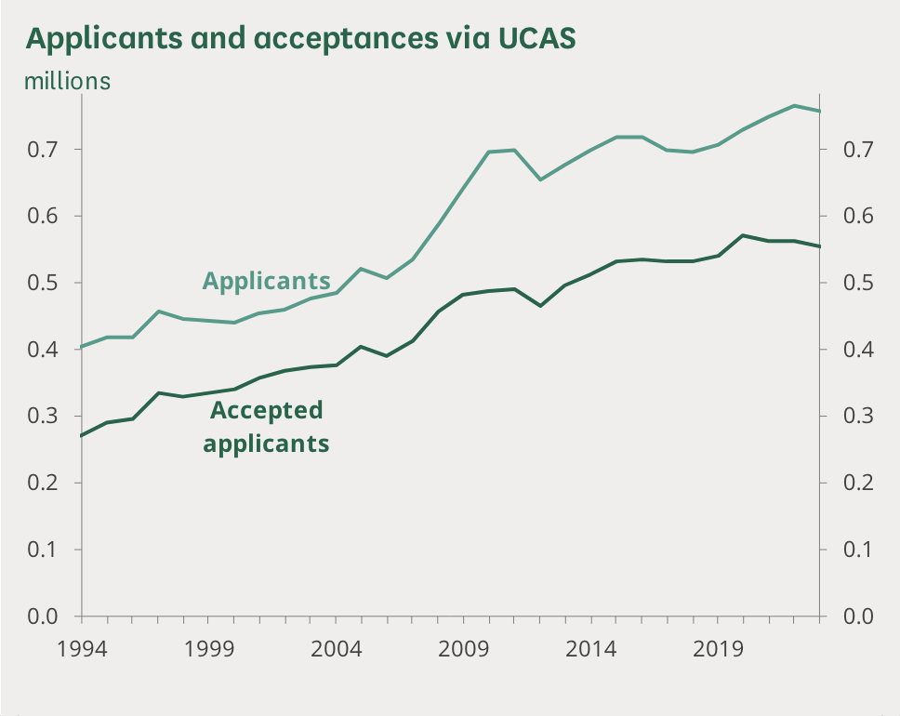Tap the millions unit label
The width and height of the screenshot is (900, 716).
[x=67, y=81]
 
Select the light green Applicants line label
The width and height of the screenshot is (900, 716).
[x=266, y=280]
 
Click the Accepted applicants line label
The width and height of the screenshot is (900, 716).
[x=266, y=427]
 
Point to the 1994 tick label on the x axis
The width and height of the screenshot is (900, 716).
[x=82, y=647]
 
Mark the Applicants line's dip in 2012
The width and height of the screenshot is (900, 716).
[x=539, y=179]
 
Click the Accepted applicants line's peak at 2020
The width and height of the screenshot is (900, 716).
[x=741, y=235]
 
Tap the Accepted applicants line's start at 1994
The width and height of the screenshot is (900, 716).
[x=83, y=435]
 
